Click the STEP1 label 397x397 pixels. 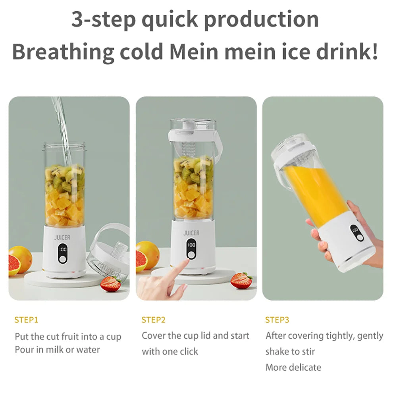pos(26,320)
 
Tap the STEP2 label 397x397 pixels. pos(153,320)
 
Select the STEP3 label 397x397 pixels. pos(277,320)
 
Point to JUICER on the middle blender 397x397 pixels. pos(191,233)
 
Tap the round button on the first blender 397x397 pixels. pos(62,259)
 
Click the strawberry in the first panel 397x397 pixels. pos(111,284)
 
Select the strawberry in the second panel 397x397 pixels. pos(241,281)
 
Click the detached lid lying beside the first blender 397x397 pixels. pos(108,254)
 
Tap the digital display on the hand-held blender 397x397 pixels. pos(355,230)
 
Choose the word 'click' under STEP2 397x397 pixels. pos(185,351)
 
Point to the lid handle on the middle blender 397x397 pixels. pos(217,141)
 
